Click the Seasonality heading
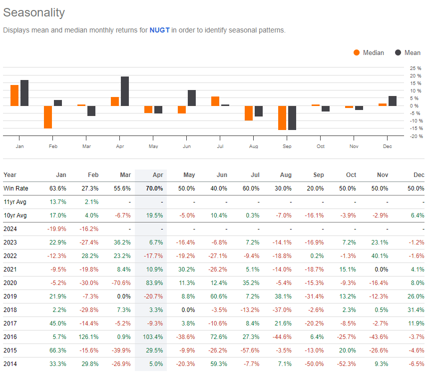pyautogui.click(x=33, y=12)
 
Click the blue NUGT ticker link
pyautogui.click(x=160, y=30)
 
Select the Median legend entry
pyautogui.click(x=369, y=52)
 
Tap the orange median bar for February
pyautogui.click(x=48, y=117)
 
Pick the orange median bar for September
pyautogui.click(x=282, y=117)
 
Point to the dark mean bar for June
pyautogui.click(x=192, y=98)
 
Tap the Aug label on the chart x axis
pyautogui.click(x=254, y=146)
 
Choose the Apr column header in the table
pyautogui.click(x=157, y=175)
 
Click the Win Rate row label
pyautogui.click(x=16, y=188)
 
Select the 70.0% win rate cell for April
pyautogui.click(x=155, y=188)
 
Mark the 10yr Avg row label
pyautogui.click(x=15, y=215)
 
